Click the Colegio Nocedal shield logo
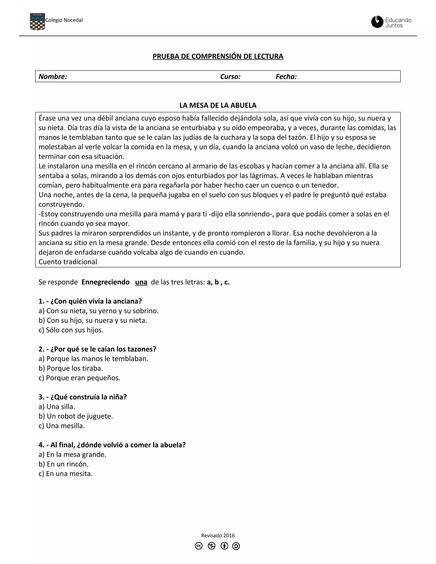point(37,22)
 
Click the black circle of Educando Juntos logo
point(377,22)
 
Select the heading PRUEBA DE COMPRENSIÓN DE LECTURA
point(218,56)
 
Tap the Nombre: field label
point(53,76)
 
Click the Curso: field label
point(230,76)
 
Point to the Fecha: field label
point(286,76)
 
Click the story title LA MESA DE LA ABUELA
point(218,105)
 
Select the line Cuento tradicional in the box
point(68,262)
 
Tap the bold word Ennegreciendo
point(105,282)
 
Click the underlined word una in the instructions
point(141,282)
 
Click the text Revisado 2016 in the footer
point(218,535)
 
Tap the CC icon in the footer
point(199,546)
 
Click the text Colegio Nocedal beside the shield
point(64,20)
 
